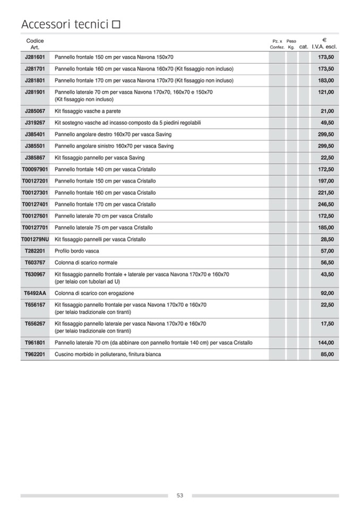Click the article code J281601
click(35, 57)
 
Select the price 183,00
click(326, 81)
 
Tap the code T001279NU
click(35, 239)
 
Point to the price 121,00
click(326, 92)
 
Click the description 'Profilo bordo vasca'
click(77, 251)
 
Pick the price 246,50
click(326, 204)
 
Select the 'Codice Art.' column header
click(35, 44)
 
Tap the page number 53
click(180, 496)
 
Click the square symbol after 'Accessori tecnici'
click(116, 24)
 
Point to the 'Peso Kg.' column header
click(291, 44)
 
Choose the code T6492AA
click(35, 293)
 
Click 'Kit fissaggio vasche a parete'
click(88, 111)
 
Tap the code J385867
click(35, 158)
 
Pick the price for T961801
click(326, 342)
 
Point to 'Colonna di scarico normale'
click(86, 263)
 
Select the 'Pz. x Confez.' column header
click(277, 44)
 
